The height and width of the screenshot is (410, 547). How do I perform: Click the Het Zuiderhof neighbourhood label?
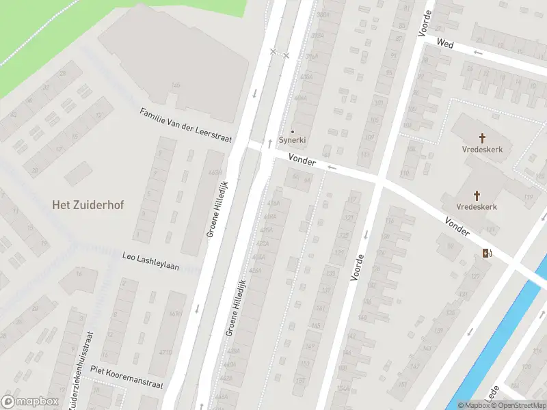click(88, 204)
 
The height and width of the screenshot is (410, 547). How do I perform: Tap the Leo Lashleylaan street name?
click(150, 262)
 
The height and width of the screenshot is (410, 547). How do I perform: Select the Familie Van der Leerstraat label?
click(186, 124)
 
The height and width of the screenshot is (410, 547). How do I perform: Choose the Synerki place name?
click(293, 140)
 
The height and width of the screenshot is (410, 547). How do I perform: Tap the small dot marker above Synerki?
click(293, 131)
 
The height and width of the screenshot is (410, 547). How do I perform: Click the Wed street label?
click(445, 43)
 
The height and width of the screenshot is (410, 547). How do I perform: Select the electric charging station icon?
click(486, 254)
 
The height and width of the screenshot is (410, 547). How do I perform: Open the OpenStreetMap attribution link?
click(519, 405)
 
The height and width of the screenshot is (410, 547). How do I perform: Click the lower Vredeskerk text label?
click(477, 206)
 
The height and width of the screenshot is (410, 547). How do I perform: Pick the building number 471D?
click(165, 353)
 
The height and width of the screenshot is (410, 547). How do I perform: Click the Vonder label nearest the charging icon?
click(457, 227)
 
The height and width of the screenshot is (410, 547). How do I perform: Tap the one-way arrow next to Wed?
click(477, 52)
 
